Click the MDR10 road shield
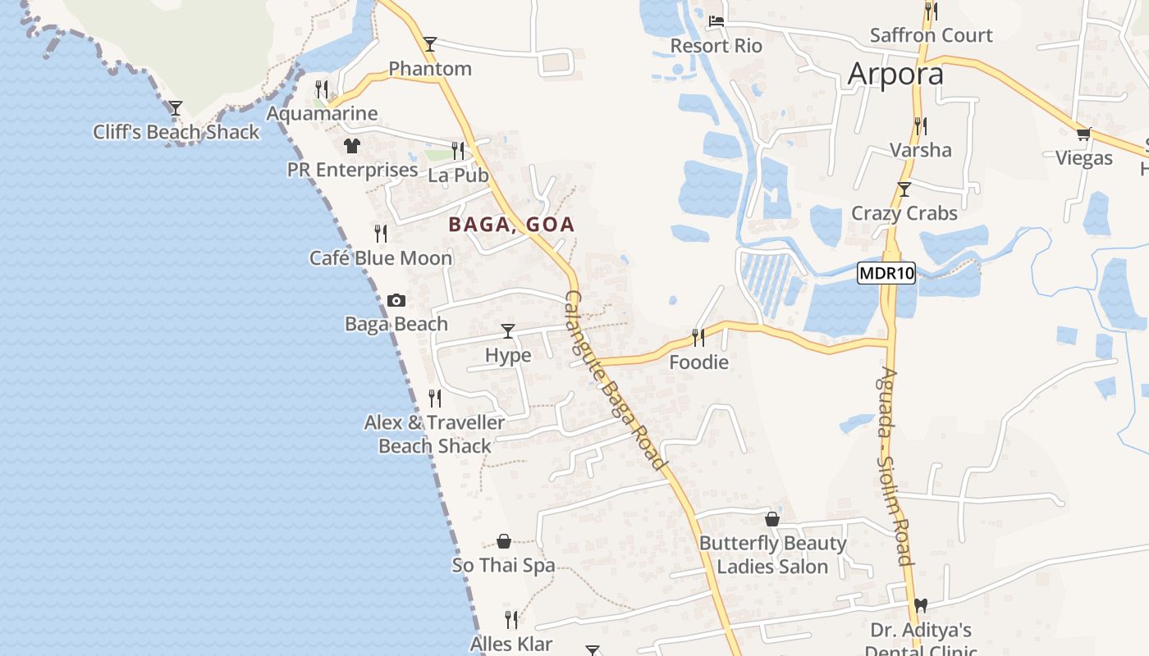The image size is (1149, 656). (x=886, y=273)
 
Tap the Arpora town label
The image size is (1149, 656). (x=895, y=74)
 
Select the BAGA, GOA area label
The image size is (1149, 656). (x=511, y=224)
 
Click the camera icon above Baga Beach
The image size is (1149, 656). (x=396, y=301)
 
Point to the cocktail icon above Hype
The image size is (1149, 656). (x=508, y=331)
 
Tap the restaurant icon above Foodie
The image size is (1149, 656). (x=698, y=337)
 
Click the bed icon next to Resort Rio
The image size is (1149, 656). (x=716, y=21)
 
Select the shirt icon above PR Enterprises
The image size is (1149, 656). (x=352, y=146)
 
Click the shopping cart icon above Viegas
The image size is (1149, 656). (x=1083, y=134)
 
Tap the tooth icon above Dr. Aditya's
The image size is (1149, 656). (x=921, y=605)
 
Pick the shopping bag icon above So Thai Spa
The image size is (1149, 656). (x=504, y=541)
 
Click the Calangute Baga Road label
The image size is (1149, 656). (x=616, y=380)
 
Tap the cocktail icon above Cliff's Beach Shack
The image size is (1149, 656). (x=176, y=108)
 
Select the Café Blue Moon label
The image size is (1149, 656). (x=381, y=258)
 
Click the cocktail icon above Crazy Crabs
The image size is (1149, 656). (x=904, y=189)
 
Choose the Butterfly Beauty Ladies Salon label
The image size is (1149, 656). (x=772, y=554)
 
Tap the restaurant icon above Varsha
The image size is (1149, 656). (x=921, y=126)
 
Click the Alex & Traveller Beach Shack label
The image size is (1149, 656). (x=435, y=434)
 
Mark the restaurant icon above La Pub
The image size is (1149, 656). (x=458, y=151)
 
